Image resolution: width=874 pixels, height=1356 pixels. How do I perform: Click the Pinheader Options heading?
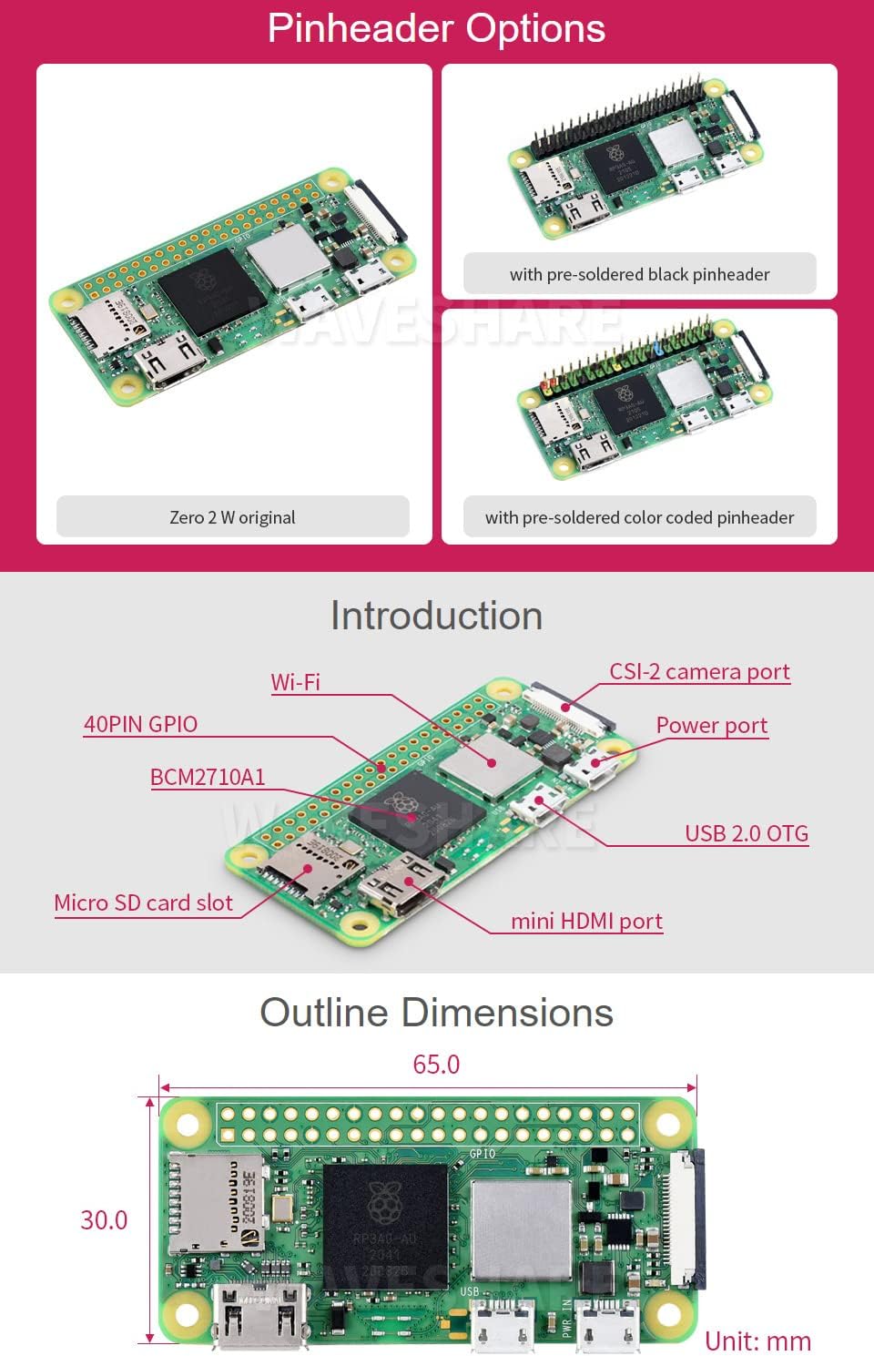tap(436, 28)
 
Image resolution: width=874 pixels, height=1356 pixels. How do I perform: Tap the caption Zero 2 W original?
tap(232, 517)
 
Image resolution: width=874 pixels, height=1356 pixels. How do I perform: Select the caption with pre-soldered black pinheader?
tap(639, 274)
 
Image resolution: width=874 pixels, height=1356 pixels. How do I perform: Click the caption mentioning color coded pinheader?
tap(639, 517)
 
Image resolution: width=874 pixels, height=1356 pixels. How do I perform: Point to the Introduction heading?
tap(436, 616)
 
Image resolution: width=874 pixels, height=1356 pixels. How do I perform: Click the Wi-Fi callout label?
tap(296, 682)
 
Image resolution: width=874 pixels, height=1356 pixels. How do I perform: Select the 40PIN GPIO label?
tap(141, 724)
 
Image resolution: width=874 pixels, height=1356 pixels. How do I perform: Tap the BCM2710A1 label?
tap(208, 777)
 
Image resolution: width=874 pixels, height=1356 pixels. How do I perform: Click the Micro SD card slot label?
tap(144, 902)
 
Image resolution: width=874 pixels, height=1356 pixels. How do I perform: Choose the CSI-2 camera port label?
tap(699, 672)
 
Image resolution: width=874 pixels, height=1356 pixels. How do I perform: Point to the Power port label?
tap(712, 726)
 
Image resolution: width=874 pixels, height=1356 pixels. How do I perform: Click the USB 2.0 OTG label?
tap(747, 833)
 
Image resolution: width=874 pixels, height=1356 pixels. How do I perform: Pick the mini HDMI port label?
tap(586, 921)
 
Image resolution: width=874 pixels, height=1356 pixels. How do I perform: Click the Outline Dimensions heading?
tap(436, 1013)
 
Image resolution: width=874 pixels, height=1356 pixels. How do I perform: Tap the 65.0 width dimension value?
tap(436, 1064)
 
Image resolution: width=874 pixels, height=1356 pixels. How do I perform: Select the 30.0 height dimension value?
tap(104, 1220)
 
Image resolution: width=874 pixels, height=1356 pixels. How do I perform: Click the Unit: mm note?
tap(757, 1341)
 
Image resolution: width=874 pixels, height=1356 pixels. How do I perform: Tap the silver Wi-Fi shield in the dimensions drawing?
tap(522, 1230)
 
